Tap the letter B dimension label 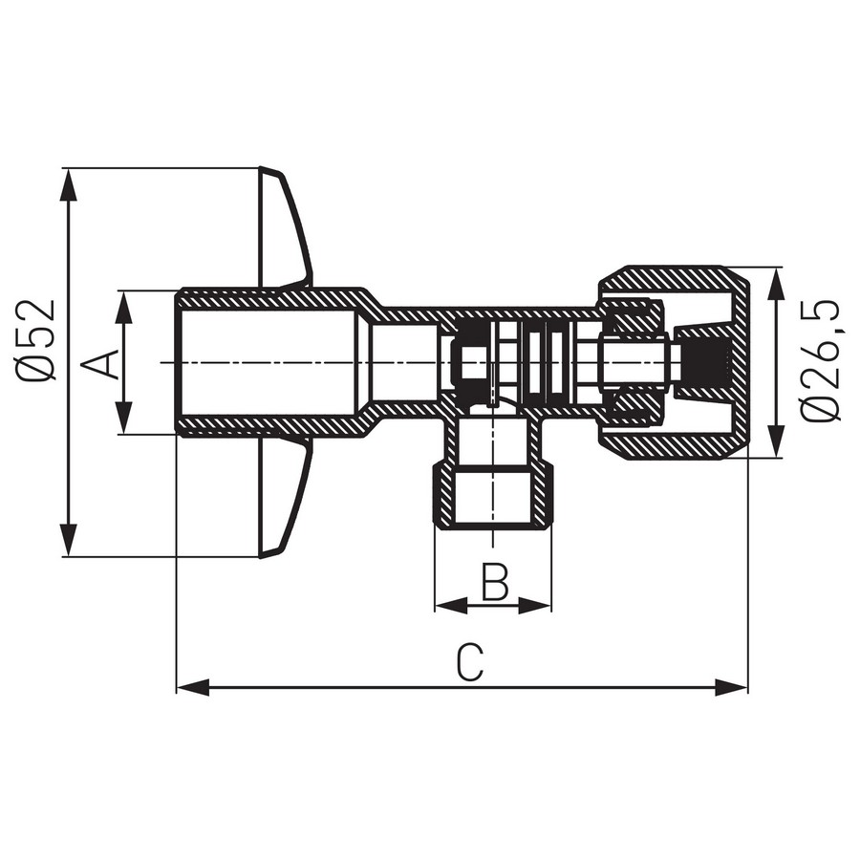pos(495,580)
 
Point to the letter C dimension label pos(469,662)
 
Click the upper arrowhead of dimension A pos(125,308)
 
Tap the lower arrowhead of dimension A pos(125,418)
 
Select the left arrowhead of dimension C pos(193,687)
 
